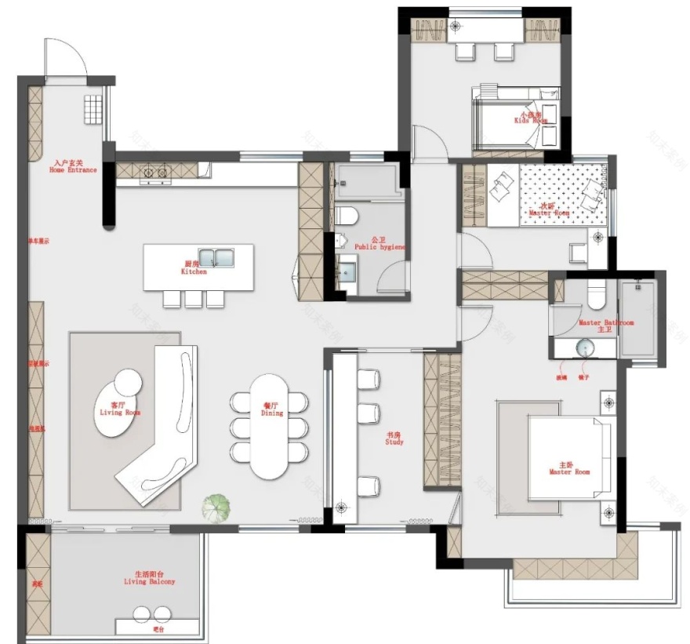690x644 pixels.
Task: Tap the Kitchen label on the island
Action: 194,269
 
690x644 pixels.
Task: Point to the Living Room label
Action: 120,409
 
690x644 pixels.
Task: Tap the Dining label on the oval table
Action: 272,409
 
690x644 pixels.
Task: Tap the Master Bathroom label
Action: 606,325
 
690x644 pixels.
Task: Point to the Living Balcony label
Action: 150,579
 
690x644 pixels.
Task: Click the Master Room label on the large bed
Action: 569,468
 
